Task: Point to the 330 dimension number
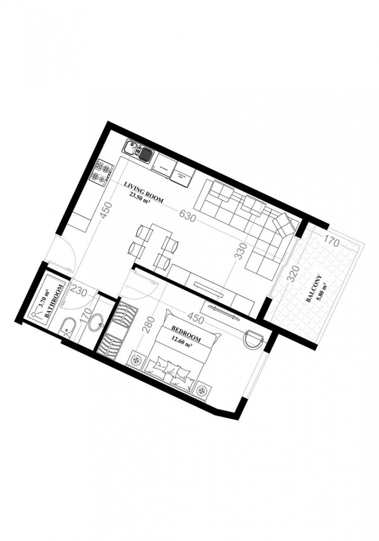coord(241,252)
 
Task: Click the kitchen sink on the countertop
coord(139,152)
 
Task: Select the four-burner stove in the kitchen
coord(101,171)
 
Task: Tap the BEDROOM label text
coord(187,333)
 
